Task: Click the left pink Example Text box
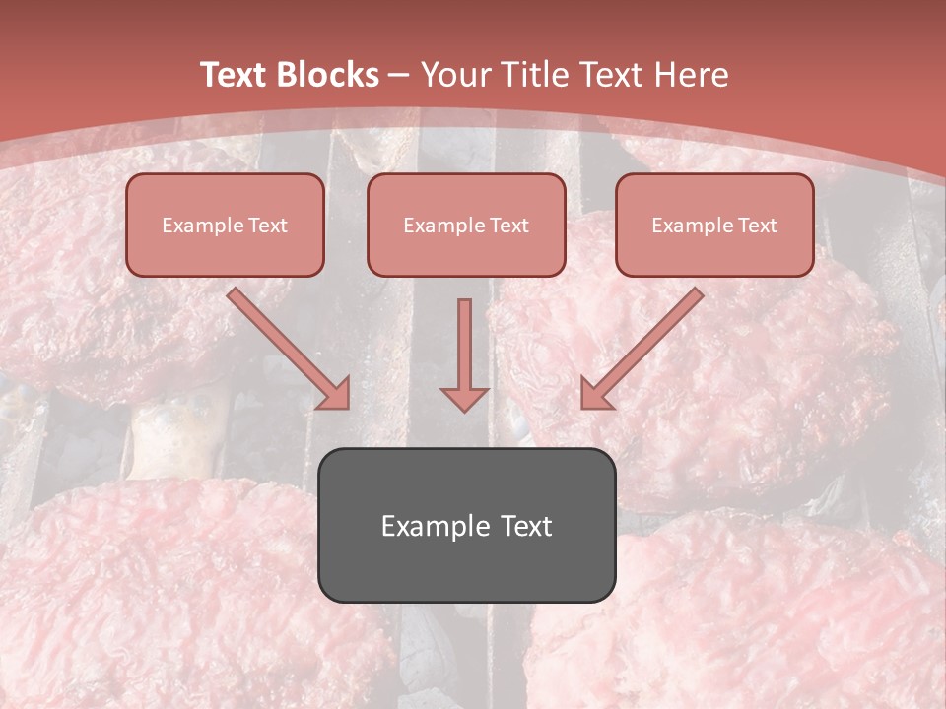click(x=225, y=226)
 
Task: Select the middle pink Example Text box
click(x=466, y=226)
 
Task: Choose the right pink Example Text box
click(x=714, y=226)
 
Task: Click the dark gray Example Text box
click(x=466, y=525)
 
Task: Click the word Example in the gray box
click(x=430, y=526)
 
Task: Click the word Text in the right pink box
click(x=756, y=226)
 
